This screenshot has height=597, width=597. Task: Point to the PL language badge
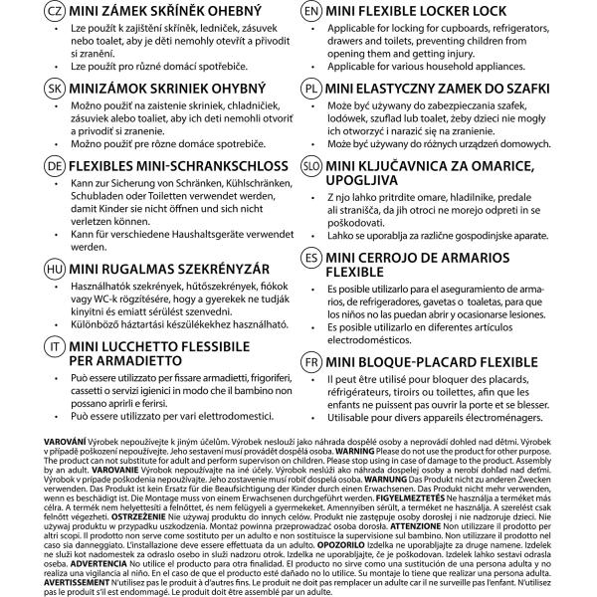pyautogui.click(x=310, y=88)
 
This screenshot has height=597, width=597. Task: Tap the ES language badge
pyautogui.click(x=310, y=257)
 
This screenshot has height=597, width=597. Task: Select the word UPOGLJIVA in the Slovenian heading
pyautogui.click(x=368, y=181)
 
